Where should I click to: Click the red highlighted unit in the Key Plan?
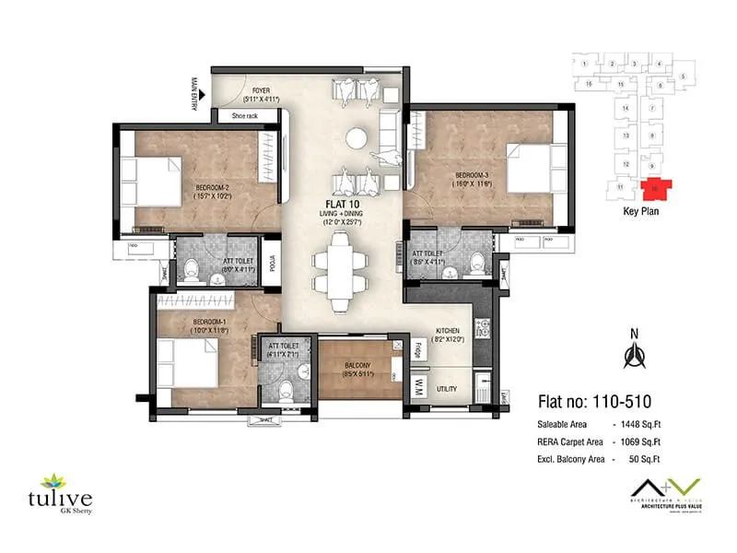coord(655,187)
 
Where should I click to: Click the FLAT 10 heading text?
coord(340,204)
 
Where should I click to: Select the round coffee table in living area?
coord(357,139)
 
